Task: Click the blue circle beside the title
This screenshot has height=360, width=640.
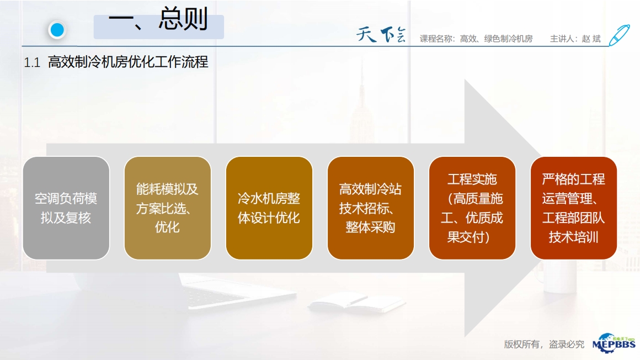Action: coord(57,30)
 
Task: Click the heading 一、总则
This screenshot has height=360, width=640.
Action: coord(158,19)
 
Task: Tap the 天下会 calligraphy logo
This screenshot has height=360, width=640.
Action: coord(381,35)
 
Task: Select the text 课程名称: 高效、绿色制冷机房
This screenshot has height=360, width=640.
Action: coord(476,39)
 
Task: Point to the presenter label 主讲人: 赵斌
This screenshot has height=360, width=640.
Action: coord(575,39)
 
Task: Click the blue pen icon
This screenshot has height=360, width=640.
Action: coord(619,35)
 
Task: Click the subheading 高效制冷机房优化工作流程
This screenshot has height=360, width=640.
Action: coord(128,62)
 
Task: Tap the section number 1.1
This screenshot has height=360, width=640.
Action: coord(32,62)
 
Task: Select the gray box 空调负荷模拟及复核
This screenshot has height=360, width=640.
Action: coord(66,208)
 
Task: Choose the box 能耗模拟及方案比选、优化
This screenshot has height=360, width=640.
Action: coord(167,208)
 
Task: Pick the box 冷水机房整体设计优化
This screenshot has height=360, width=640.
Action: coord(269,208)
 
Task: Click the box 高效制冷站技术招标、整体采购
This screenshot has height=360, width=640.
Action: coord(371,208)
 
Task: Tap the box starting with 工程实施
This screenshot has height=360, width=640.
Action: coord(472,208)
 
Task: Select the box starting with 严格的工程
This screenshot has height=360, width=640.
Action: coord(573,208)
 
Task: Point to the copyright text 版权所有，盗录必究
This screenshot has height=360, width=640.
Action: coord(544,345)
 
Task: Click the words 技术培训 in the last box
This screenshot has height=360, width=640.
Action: coord(573,237)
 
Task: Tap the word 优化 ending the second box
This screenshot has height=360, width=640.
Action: coord(167,227)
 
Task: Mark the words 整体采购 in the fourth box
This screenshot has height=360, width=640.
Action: coord(370,227)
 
